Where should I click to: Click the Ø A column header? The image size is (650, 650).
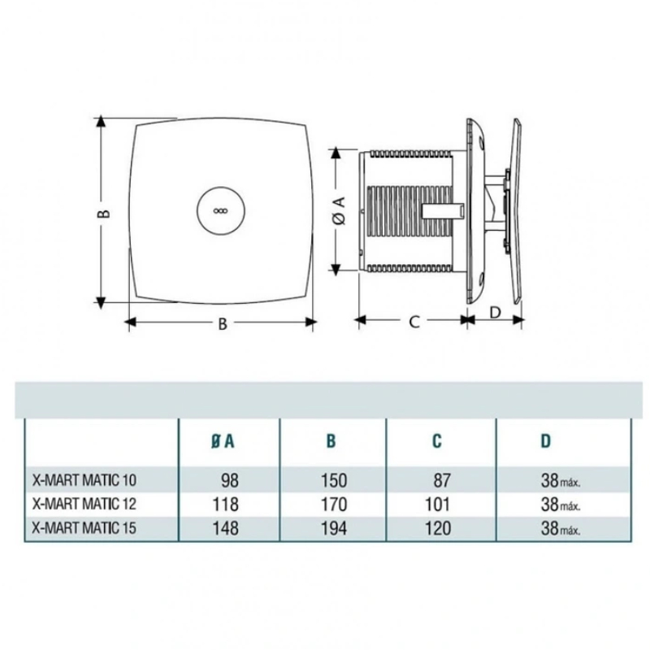223,441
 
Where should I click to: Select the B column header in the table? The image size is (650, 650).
331,441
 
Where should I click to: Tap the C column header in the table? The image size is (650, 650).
437,441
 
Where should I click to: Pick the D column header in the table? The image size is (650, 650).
546,441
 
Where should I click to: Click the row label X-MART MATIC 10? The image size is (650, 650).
84,480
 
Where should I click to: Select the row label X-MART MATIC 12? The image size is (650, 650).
84,504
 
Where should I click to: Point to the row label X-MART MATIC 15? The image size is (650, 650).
84,527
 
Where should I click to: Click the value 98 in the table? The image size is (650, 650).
230,480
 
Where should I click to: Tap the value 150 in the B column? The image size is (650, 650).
334,480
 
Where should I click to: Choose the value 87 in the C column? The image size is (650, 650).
442,480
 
